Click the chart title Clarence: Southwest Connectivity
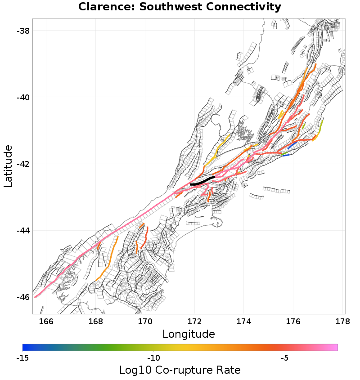180,7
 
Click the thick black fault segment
202,182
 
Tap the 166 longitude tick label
46,321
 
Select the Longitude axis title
189,334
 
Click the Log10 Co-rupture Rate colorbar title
180,370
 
